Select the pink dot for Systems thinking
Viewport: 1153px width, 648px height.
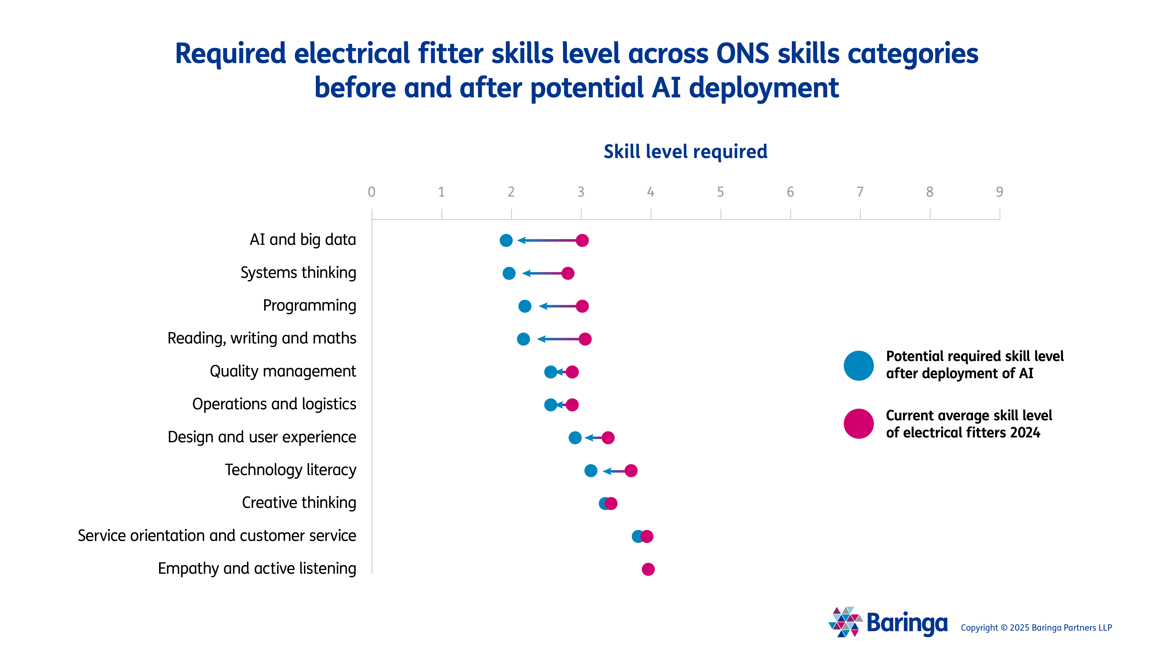(x=567, y=273)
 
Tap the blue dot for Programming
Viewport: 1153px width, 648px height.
(x=524, y=306)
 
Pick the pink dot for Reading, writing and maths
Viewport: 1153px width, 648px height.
(x=585, y=339)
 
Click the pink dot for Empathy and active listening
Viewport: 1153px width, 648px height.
(x=648, y=569)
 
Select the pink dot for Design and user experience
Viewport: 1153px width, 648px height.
(x=608, y=438)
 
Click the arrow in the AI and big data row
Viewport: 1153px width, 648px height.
(x=546, y=241)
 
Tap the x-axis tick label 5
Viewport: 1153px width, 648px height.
(x=720, y=192)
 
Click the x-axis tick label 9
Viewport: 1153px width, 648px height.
(x=999, y=192)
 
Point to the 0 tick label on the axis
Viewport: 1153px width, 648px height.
(x=372, y=192)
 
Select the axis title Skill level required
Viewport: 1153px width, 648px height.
(x=685, y=152)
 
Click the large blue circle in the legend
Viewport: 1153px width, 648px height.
(x=859, y=366)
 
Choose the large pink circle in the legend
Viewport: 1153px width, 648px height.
(x=859, y=423)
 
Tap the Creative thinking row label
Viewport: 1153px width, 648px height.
(x=299, y=503)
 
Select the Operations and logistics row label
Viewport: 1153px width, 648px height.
(x=274, y=404)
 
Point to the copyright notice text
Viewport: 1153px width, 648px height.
(x=1036, y=628)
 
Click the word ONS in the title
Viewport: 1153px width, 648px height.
(x=742, y=54)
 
